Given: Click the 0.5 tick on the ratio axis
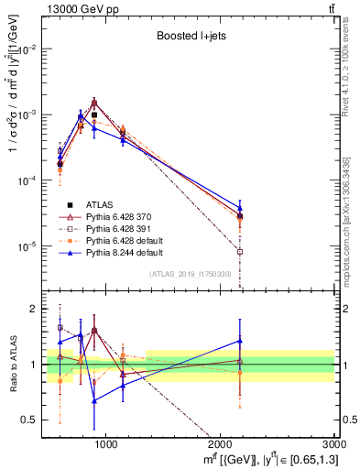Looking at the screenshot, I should [x=35, y=420].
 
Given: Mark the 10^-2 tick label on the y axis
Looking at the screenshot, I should [x=30, y=49].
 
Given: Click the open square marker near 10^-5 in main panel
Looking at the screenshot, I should [x=240, y=251].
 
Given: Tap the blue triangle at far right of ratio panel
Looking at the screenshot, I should [x=240, y=341].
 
